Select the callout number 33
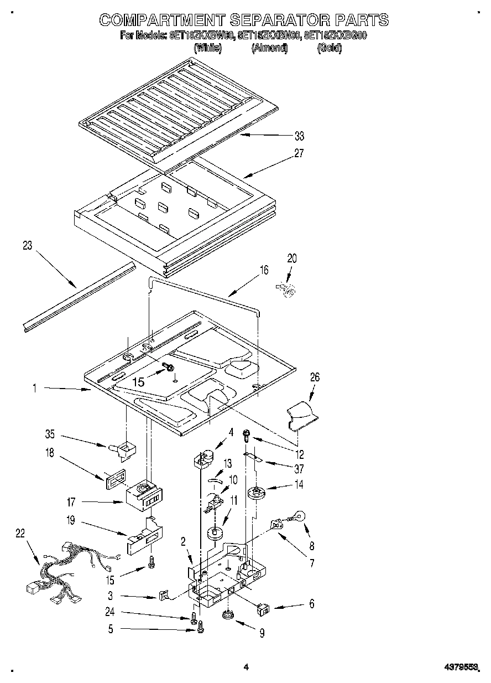299,136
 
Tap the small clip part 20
287,289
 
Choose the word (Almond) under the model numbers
270,48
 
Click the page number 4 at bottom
246,668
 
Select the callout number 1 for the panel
34,389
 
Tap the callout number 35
51,435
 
